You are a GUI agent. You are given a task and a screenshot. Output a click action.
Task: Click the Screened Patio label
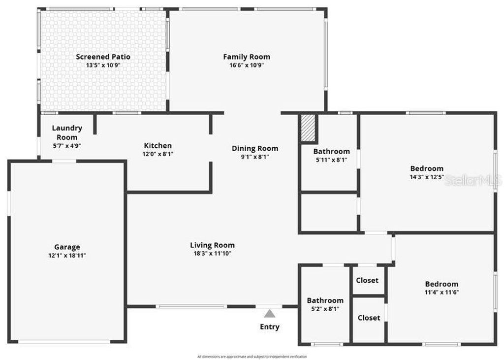tap(103, 57)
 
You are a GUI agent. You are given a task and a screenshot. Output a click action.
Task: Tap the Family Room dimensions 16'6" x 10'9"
tap(247, 65)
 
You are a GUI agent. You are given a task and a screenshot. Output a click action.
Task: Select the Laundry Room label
tap(67, 132)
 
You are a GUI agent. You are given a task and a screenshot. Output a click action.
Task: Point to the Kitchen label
tap(157, 145)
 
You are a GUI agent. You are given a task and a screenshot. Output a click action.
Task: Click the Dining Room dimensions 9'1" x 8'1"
tap(254, 157)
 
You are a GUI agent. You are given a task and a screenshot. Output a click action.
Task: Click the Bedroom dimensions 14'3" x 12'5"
tap(427, 177)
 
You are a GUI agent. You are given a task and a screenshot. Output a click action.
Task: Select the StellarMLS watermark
tap(472, 181)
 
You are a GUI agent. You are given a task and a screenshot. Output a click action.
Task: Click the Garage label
tap(67, 247)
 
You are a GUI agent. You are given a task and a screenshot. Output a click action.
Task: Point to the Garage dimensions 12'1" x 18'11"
tap(67, 255)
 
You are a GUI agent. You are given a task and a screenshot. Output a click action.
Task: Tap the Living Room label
tap(212, 245)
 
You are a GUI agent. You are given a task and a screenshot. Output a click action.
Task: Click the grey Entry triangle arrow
tap(269, 313)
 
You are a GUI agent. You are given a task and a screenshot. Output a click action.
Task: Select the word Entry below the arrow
tap(269, 327)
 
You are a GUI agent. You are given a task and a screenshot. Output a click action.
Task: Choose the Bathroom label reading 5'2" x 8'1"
tap(325, 300)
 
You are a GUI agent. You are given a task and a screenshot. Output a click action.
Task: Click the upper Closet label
tap(367, 280)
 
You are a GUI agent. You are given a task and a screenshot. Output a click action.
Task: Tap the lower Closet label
tap(369, 318)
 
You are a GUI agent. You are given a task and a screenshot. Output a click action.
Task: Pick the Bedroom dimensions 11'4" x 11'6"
tap(441, 292)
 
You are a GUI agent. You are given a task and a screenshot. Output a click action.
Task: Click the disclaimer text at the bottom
tap(252, 357)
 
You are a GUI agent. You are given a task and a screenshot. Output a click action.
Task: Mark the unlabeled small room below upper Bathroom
tap(329, 212)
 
